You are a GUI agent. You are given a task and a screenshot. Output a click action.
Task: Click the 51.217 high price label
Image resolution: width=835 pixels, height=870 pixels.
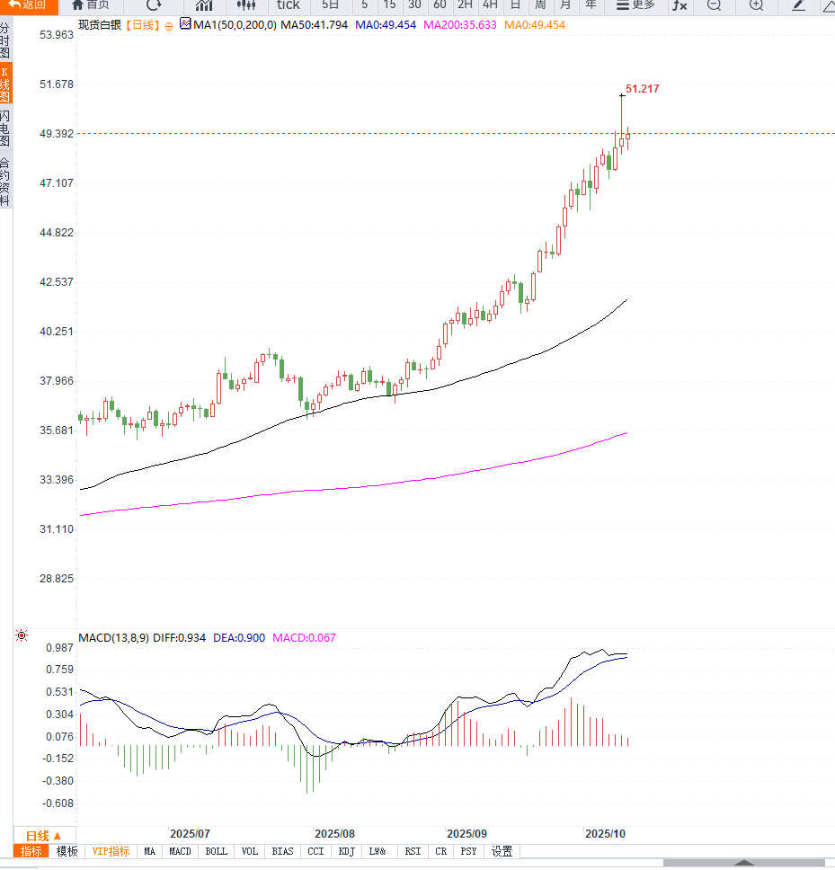(x=642, y=89)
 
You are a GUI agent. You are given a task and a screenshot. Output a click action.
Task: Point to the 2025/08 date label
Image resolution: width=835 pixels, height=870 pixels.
(x=334, y=834)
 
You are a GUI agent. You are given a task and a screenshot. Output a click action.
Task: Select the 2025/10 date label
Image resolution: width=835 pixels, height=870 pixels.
(x=605, y=834)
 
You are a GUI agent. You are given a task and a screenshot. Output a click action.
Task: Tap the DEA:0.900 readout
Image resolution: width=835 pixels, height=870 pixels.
(x=239, y=638)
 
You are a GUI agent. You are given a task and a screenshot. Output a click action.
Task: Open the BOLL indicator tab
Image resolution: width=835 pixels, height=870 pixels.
(x=216, y=851)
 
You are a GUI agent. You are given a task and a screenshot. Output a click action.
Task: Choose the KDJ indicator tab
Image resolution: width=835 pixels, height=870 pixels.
(x=346, y=851)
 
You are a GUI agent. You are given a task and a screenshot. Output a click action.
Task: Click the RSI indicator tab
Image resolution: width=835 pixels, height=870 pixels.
(x=413, y=851)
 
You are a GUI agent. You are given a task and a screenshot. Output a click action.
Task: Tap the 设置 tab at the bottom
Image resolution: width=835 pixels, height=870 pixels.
(x=502, y=851)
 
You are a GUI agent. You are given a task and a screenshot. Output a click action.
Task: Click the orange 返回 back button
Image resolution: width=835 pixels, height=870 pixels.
(x=28, y=5)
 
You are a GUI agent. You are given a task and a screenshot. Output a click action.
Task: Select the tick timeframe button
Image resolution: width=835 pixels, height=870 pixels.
(x=288, y=5)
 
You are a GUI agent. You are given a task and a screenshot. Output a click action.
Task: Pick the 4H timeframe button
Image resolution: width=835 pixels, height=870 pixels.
(x=490, y=5)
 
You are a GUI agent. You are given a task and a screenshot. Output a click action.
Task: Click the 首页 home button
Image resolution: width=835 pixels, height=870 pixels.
(x=91, y=5)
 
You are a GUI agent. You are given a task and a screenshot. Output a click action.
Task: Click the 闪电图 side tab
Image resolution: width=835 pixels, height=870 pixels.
(x=5, y=128)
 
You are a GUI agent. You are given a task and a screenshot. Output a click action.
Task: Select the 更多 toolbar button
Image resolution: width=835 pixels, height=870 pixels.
(x=635, y=5)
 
